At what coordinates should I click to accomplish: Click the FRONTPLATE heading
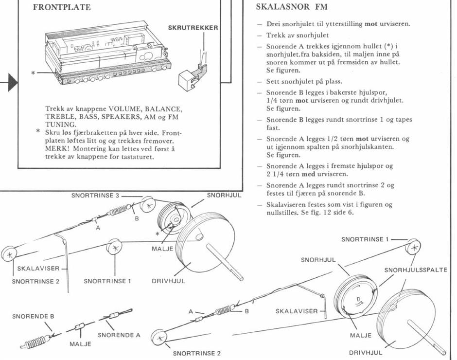coord(62,8)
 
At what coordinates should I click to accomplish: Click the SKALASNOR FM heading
coord(291,7)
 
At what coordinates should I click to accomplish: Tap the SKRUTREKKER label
coord(193,28)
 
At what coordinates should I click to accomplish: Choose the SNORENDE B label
coord(33,317)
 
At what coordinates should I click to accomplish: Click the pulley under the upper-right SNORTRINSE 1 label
coord(413,247)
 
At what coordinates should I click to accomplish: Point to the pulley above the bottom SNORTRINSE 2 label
coord(158,337)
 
